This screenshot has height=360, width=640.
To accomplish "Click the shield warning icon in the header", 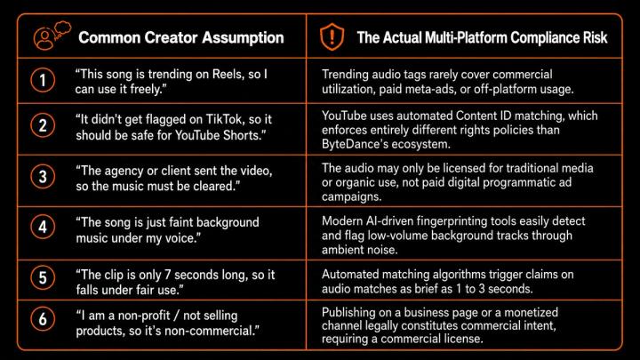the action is click(332, 36).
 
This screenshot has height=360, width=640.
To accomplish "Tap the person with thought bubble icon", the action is click(52, 36).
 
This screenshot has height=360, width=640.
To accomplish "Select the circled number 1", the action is click(43, 80).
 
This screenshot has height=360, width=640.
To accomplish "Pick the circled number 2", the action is click(43, 125).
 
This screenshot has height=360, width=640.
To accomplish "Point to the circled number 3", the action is click(43, 177).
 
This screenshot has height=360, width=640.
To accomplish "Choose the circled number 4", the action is click(43, 227).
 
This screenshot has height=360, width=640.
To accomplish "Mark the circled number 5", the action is click(43, 278).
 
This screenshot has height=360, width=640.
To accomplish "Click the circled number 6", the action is click(43, 319).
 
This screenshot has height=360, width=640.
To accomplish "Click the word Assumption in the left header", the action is click(243, 38).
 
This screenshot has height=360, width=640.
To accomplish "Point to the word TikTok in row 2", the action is click(225, 119).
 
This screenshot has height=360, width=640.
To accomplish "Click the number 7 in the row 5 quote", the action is click(167, 275).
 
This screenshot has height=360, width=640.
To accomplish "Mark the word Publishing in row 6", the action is click(348, 313).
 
